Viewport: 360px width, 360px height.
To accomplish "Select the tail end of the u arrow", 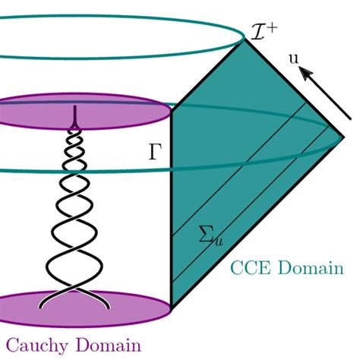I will tap(350, 117).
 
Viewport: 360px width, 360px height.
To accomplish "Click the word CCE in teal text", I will tap(248, 269).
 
